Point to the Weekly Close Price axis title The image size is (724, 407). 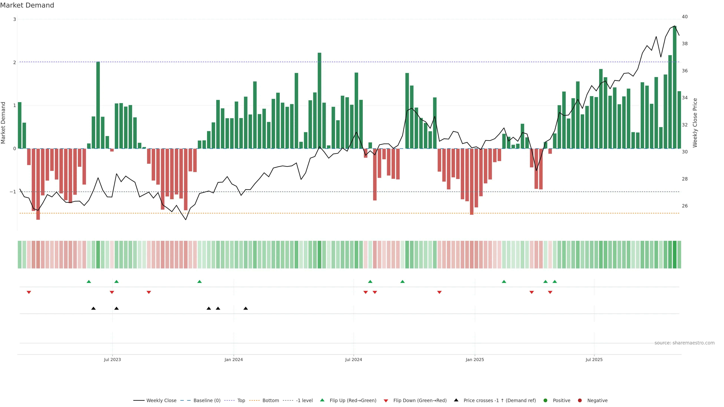(x=695, y=123)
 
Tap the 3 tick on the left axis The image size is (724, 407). (x=15, y=19)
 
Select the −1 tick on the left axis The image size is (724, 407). (x=13, y=192)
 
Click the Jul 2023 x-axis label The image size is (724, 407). (x=112, y=360)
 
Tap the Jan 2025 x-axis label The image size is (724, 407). (x=475, y=360)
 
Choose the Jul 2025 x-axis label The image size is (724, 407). (x=594, y=360)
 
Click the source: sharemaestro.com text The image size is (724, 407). (x=684, y=343)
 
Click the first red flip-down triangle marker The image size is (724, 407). (x=29, y=292)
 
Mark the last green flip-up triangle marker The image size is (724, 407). (x=555, y=282)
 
